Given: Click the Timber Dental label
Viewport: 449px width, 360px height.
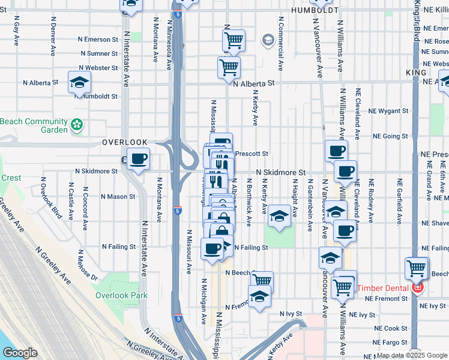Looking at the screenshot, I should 384,288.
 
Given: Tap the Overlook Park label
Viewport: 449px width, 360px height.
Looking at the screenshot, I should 121,295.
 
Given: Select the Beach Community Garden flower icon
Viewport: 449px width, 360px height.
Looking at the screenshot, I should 76,125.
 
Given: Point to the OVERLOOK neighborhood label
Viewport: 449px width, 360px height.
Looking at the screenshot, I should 124,142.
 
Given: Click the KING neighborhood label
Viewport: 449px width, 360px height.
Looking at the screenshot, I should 416,73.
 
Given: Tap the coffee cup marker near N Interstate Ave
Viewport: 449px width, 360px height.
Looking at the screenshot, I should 139,160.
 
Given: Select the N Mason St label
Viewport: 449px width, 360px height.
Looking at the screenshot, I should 118,196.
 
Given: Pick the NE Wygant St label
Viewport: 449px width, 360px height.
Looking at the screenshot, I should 391,111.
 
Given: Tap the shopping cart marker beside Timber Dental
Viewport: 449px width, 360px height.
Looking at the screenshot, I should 417,269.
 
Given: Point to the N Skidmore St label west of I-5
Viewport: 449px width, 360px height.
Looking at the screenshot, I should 97,171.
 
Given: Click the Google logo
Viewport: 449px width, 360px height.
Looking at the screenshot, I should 20,353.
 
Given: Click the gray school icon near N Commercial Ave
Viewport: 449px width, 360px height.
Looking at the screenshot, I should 268,41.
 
